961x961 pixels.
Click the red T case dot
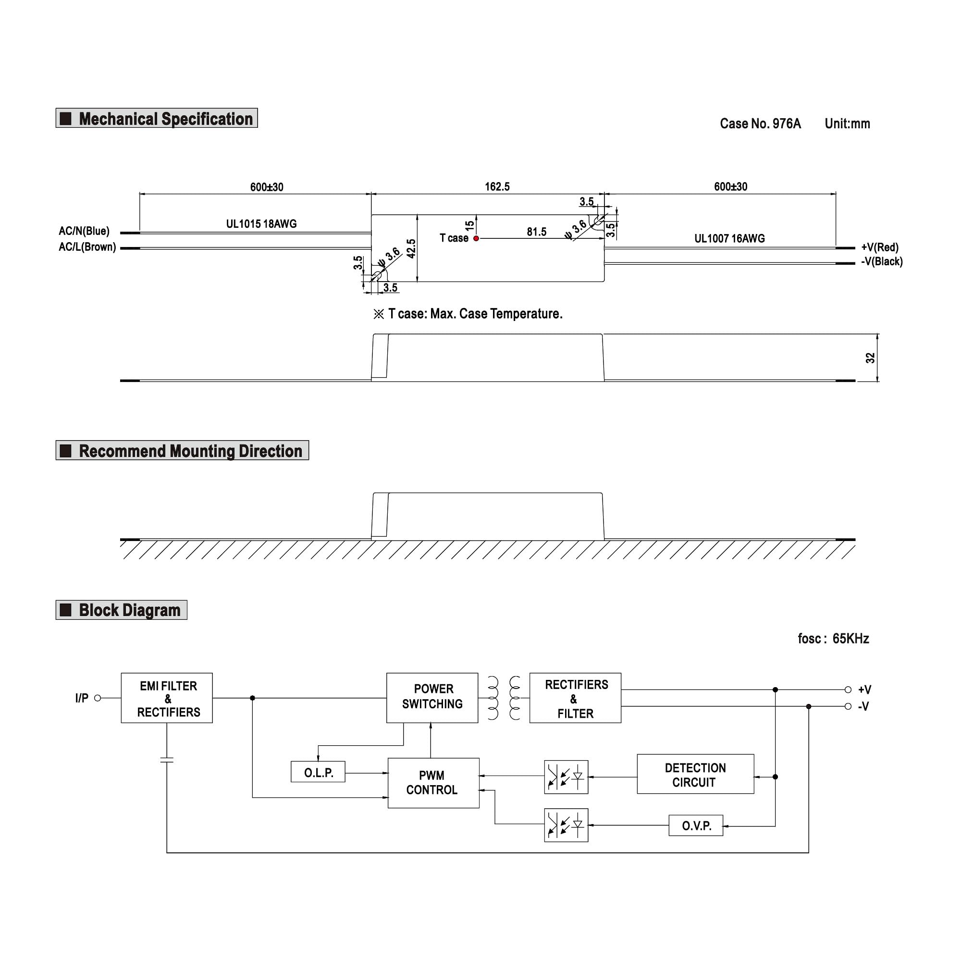476,238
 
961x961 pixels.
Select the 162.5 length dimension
497,186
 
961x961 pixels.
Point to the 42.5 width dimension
411,248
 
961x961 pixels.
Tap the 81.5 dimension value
536,232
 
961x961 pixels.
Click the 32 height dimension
870,357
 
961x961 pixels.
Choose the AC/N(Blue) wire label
84,231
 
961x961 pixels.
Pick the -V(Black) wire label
881,262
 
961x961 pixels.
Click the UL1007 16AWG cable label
729,238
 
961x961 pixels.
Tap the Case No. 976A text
760,124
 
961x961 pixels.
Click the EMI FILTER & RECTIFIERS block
167,698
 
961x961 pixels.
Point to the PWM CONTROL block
433,782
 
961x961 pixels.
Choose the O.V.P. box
695,825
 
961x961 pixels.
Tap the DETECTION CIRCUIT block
695,775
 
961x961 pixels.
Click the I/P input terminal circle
98,698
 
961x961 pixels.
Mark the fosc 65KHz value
833,639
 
